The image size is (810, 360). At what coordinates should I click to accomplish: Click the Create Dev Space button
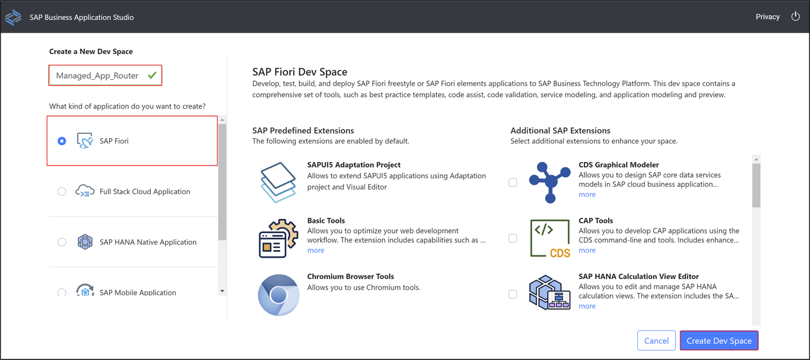pos(719,340)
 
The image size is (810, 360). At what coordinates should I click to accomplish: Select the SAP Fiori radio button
pos(62,141)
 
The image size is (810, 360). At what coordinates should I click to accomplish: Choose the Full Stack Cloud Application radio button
pos(62,192)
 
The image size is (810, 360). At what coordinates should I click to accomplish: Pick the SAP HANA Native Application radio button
pos(62,242)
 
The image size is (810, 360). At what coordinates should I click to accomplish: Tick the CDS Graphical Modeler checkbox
pos(513,182)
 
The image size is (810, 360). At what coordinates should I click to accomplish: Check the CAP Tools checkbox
pos(513,238)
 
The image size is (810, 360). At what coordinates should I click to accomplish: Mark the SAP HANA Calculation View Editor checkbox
pos(513,294)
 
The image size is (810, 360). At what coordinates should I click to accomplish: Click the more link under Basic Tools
pos(316,250)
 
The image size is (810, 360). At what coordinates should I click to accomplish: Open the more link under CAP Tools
pos(587,250)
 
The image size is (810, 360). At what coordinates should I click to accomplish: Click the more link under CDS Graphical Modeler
pos(587,195)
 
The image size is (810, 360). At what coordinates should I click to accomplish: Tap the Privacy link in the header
pos(767,17)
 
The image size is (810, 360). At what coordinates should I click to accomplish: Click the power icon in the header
pos(795,16)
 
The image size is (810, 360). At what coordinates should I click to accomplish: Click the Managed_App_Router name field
pos(105,75)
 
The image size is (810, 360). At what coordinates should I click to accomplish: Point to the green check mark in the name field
pos(152,75)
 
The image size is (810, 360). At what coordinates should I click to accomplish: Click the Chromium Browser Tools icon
pos(278,295)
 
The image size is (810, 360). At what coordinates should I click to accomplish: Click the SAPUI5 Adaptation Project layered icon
pos(278,182)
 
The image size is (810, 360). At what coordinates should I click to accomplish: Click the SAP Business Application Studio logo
pos(13,17)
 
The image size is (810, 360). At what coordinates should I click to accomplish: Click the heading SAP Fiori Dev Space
pos(300,71)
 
